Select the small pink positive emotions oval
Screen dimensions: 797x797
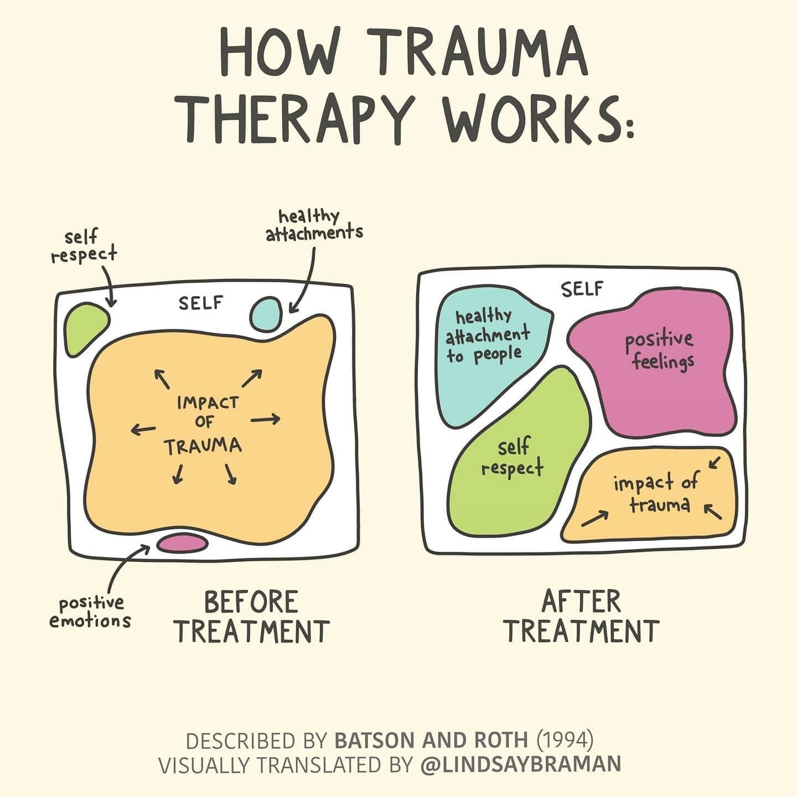coord(180,542)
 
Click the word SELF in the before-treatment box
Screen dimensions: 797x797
coord(200,303)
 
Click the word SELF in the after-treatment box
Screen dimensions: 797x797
coord(582,289)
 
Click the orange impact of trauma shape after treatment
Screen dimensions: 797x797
coord(656,495)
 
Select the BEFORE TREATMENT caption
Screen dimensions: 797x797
coord(252,617)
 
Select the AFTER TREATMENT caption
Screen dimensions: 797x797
coord(581,617)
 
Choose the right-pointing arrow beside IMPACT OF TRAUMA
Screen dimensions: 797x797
coord(266,420)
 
